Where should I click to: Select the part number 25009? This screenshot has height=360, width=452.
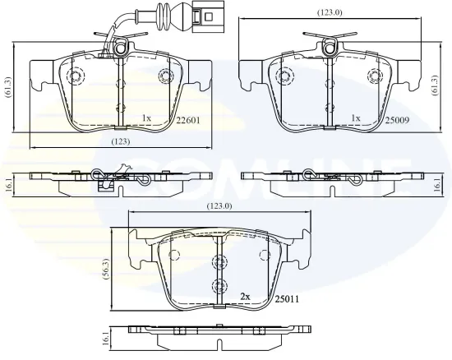coord(399,118)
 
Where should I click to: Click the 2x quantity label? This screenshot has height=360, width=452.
coord(244,295)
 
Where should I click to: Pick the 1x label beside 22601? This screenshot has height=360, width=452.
coord(147,118)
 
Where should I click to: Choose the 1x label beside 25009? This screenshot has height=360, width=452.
coord(355,118)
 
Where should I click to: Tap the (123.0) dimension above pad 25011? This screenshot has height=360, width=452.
coord(219,206)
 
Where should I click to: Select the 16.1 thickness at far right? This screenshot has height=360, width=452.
coord(438,186)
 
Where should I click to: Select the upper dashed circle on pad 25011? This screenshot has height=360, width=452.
coord(219,261)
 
